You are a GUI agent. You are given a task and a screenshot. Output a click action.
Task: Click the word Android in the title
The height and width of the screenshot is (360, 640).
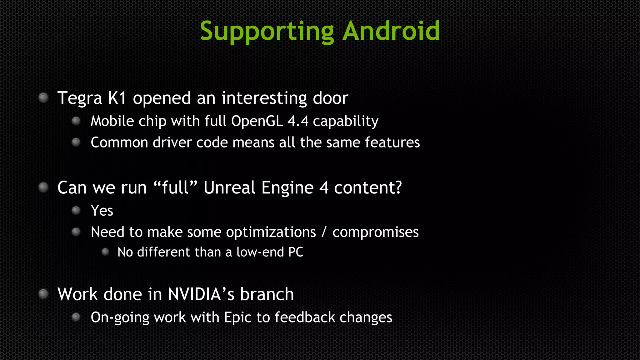[391, 31]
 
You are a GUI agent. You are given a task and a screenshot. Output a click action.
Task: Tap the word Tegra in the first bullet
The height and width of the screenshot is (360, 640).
[80, 98]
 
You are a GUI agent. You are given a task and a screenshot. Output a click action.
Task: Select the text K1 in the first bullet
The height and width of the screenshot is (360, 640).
[117, 98]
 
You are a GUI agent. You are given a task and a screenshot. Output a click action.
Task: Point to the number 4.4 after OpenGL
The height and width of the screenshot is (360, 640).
[298, 121]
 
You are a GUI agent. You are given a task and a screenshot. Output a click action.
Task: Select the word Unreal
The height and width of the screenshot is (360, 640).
[230, 187]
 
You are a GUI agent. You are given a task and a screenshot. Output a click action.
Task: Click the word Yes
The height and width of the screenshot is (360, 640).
[102, 211]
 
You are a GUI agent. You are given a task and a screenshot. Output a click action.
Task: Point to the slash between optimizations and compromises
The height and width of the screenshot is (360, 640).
[324, 232]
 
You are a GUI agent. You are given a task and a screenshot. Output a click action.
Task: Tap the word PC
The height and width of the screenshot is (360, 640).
[296, 252]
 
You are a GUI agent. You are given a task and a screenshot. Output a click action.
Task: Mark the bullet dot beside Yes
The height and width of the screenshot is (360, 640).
[76, 210]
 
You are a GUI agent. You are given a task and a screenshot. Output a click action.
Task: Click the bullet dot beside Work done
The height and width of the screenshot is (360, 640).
[43, 294]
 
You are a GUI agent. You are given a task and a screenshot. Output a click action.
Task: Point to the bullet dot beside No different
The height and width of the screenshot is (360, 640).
[105, 252]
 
